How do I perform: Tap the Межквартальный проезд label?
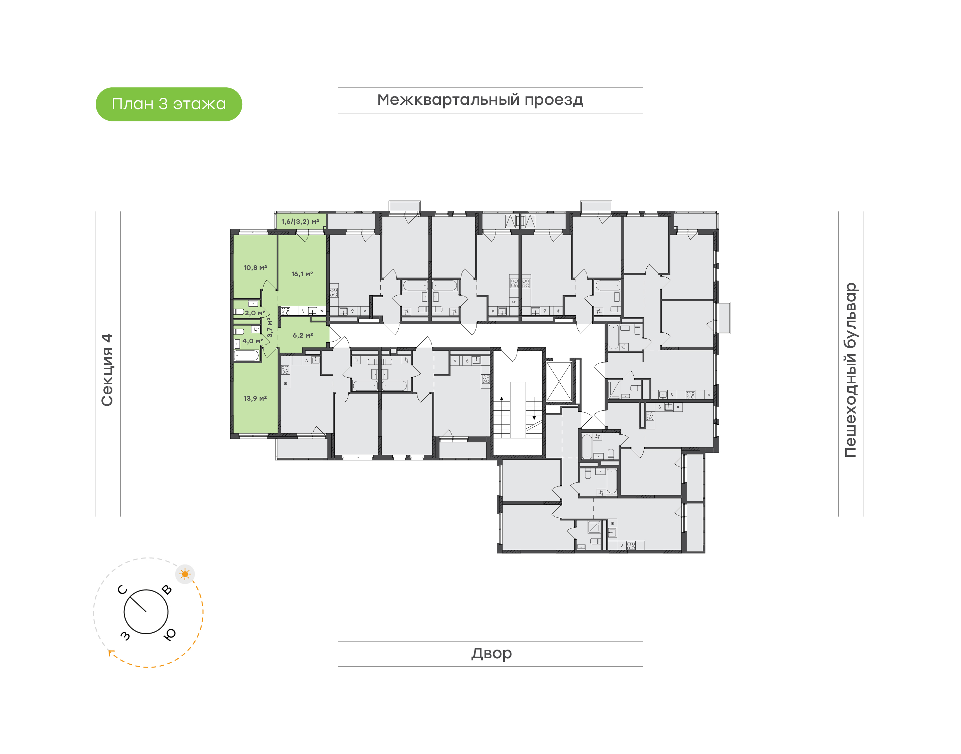tap(480, 100)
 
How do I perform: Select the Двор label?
tap(491, 653)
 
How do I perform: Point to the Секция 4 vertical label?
tap(107, 370)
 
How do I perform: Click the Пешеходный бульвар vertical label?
tap(850, 370)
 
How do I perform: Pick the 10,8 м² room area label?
tap(255, 268)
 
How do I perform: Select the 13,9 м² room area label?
tap(255, 398)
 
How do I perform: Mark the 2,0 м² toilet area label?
tap(255, 313)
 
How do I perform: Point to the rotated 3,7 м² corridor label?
tap(269, 328)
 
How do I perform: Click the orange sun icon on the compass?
tap(185, 574)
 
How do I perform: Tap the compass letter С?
tap(123, 590)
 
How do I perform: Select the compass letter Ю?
tap(170, 634)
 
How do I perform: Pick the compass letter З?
tap(125, 635)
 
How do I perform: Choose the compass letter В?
tap(167, 590)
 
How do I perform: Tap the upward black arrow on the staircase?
tap(502, 399)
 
